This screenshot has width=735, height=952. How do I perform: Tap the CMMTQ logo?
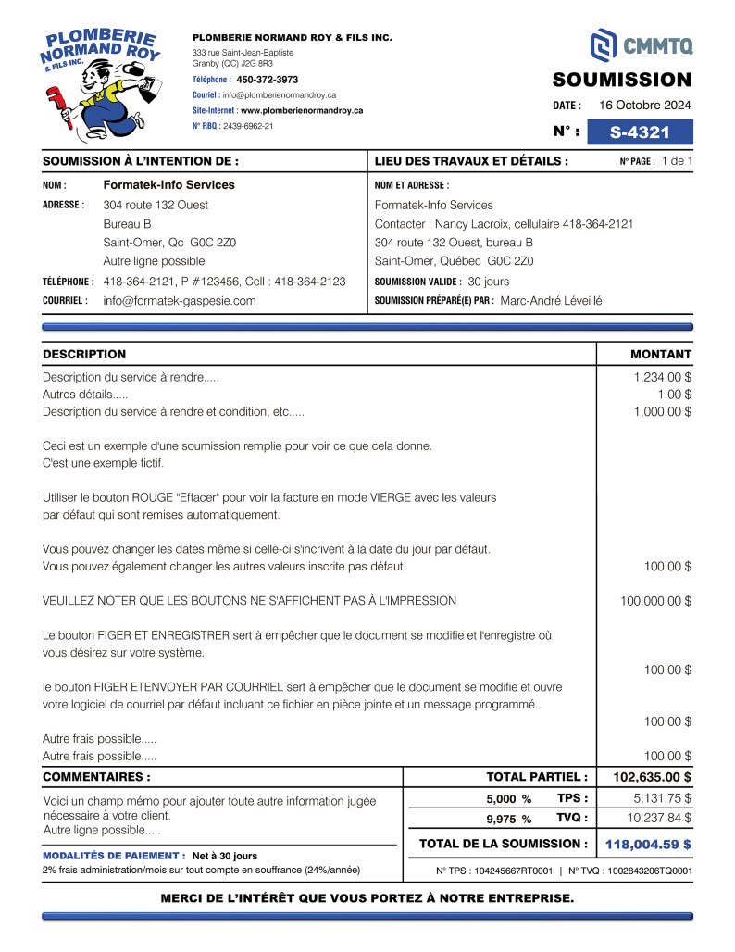(x=641, y=44)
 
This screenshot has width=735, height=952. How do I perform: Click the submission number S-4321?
(x=640, y=132)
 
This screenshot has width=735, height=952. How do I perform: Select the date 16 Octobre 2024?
(x=645, y=105)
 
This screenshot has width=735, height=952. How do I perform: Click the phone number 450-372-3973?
(x=268, y=80)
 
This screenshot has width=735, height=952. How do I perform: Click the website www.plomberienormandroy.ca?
(x=302, y=110)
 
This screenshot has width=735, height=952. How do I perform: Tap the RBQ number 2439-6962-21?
(x=248, y=126)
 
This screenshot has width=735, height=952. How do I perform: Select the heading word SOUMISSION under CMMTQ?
(x=622, y=80)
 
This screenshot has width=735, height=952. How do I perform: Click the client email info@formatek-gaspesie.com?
(x=180, y=301)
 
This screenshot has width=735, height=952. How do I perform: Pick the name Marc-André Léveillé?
(x=551, y=301)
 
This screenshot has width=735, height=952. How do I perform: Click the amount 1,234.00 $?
(x=662, y=378)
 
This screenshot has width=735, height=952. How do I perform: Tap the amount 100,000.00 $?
(x=655, y=601)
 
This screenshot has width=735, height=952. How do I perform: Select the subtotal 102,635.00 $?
(x=652, y=777)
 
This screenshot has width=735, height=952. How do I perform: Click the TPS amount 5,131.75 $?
(x=662, y=798)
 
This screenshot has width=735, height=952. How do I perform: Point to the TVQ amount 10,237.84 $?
(x=659, y=818)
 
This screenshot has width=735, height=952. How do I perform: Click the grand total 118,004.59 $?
(x=648, y=845)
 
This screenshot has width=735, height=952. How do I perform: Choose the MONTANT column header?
(x=661, y=355)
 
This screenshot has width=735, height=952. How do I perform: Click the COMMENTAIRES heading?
(x=97, y=777)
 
